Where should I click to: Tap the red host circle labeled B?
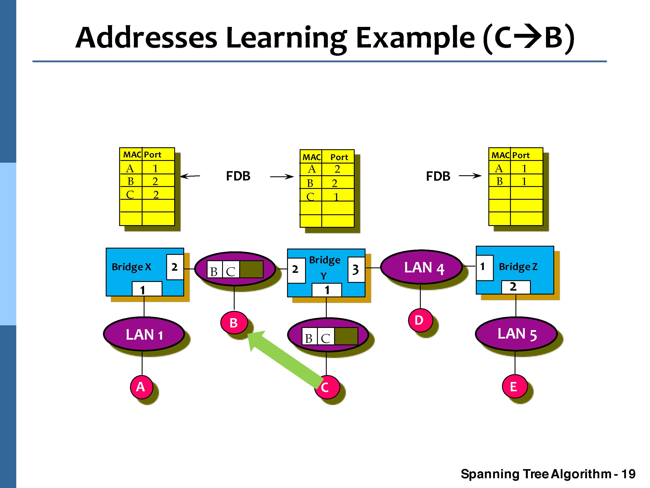[x=234, y=323]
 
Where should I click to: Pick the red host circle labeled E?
[x=514, y=386]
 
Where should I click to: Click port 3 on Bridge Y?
[x=356, y=269]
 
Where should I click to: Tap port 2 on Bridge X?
[x=175, y=267]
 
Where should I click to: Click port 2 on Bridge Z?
[x=515, y=287]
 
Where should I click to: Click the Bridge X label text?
[x=131, y=267]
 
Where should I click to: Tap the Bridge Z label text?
[x=518, y=267]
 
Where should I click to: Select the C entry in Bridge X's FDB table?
[x=130, y=194]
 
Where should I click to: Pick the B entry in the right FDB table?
[x=500, y=181]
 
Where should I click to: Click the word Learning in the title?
[x=286, y=38]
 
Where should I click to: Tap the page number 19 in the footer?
[x=629, y=474]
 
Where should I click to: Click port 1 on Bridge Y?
[x=327, y=290]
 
